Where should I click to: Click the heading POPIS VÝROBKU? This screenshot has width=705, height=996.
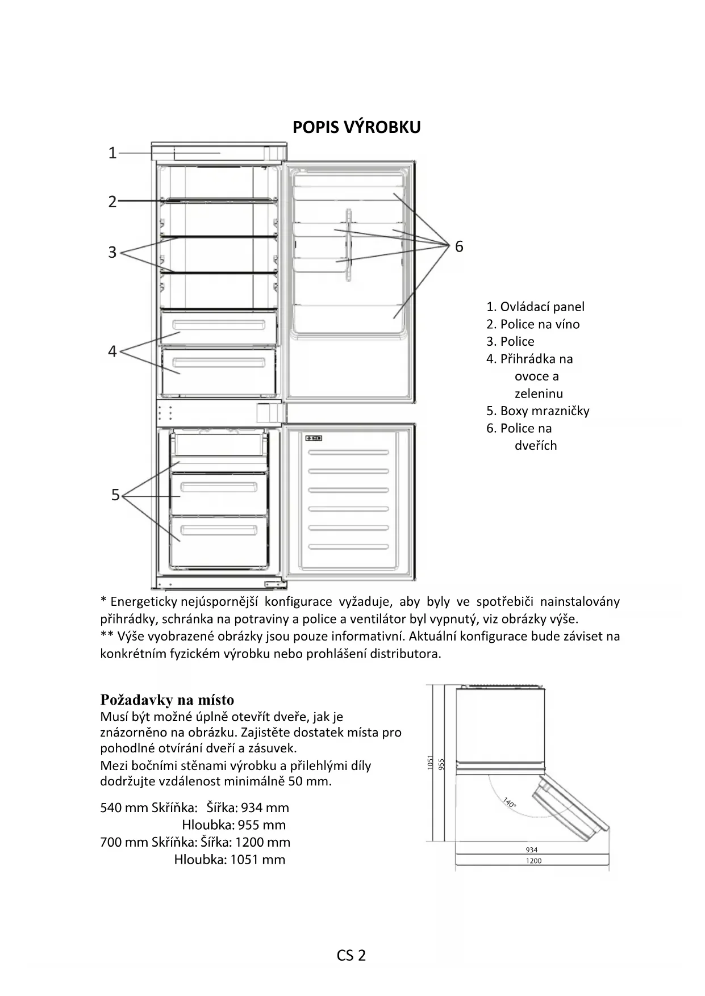(356, 127)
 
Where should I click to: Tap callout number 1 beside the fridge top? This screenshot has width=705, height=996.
(112, 153)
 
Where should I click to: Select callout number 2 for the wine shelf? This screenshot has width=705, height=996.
(112, 202)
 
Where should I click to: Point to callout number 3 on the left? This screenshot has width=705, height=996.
(112, 252)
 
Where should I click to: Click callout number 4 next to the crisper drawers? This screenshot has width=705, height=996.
(112, 351)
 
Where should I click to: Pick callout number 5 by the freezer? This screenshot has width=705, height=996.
(115, 495)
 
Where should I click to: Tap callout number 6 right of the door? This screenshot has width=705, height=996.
(459, 246)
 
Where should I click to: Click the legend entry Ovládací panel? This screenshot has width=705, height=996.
(535, 307)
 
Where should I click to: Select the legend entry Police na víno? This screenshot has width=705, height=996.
(533, 324)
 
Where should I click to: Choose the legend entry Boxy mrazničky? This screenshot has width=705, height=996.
(537, 411)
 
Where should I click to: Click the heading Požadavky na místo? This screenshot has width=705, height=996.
(167, 700)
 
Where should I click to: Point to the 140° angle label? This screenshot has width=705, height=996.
(509, 803)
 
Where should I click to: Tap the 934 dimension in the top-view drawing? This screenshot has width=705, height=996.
(531, 850)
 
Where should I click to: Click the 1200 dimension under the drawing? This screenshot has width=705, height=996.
(533, 861)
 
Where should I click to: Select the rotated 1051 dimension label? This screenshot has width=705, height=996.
(431, 763)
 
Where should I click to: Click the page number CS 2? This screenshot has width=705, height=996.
(351, 956)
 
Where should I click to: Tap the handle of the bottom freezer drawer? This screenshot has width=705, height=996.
(219, 531)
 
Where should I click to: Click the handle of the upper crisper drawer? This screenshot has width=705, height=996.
(219, 326)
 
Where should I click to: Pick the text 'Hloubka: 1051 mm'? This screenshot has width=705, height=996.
(230, 860)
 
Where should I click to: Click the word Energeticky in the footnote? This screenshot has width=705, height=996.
(144, 601)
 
